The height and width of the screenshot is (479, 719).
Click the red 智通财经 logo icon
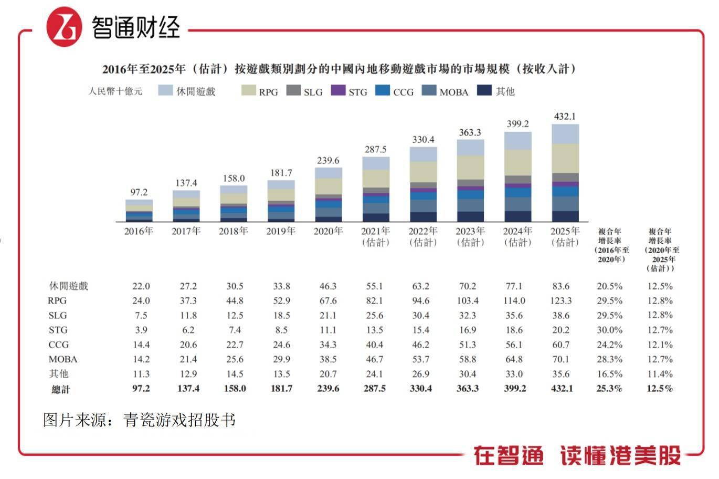[x=65, y=26]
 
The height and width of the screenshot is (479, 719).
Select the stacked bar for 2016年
[x=139, y=211]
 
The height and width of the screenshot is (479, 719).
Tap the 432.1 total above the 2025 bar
[x=565, y=117]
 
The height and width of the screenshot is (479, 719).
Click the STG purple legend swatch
[x=338, y=90]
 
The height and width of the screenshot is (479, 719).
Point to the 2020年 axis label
[x=328, y=231]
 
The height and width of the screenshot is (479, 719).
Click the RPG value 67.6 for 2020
[x=328, y=301]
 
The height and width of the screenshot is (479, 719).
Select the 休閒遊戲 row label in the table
[x=69, y=286]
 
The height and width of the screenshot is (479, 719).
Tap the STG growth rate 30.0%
[x=609, y=330]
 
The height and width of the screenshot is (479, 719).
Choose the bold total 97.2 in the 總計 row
[x=141, y=389]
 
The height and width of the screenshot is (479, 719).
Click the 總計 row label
[x=60, y=389]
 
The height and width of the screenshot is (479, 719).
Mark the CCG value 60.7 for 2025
[x=561, y=345]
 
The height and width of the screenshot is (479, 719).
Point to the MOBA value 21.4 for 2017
[x=188, y=360]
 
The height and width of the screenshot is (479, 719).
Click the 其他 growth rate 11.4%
[x=660, y=374]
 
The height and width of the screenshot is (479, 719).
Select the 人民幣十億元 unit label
[x=115, y=91]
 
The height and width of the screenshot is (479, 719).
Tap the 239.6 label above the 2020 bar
[x=328, y=161]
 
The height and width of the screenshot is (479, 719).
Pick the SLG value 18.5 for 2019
[x=281, y=316]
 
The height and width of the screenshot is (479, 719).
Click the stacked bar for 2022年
[x=423, y=184]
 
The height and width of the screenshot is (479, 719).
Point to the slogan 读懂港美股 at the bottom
[x=620, y=455]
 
